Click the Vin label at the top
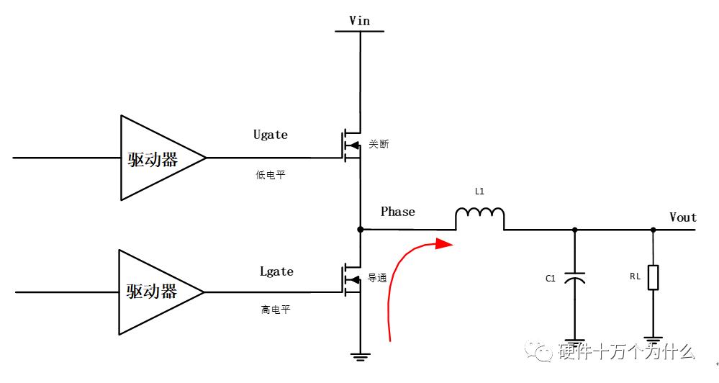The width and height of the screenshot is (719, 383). [359, 20]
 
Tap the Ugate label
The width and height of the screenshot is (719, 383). [271, 135]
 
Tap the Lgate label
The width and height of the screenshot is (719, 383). [276, 271]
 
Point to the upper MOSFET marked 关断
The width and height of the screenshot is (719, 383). [351, 143]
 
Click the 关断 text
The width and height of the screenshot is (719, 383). [379, 144]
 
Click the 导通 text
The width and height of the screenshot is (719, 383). [379, 277]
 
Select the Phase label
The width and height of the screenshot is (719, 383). [398, 212]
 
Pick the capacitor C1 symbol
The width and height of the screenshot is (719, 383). [574, 278]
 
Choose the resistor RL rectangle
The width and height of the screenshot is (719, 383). [653, 277]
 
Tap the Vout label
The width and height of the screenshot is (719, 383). [682, 217]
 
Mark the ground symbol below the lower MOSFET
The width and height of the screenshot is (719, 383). [360, 355]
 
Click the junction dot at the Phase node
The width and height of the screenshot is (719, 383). [360, 230]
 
